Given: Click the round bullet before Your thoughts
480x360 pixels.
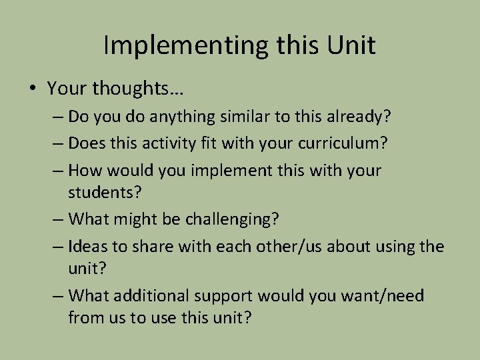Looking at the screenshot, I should [x=33, y=88].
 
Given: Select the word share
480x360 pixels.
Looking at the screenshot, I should [x=155, y=246].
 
